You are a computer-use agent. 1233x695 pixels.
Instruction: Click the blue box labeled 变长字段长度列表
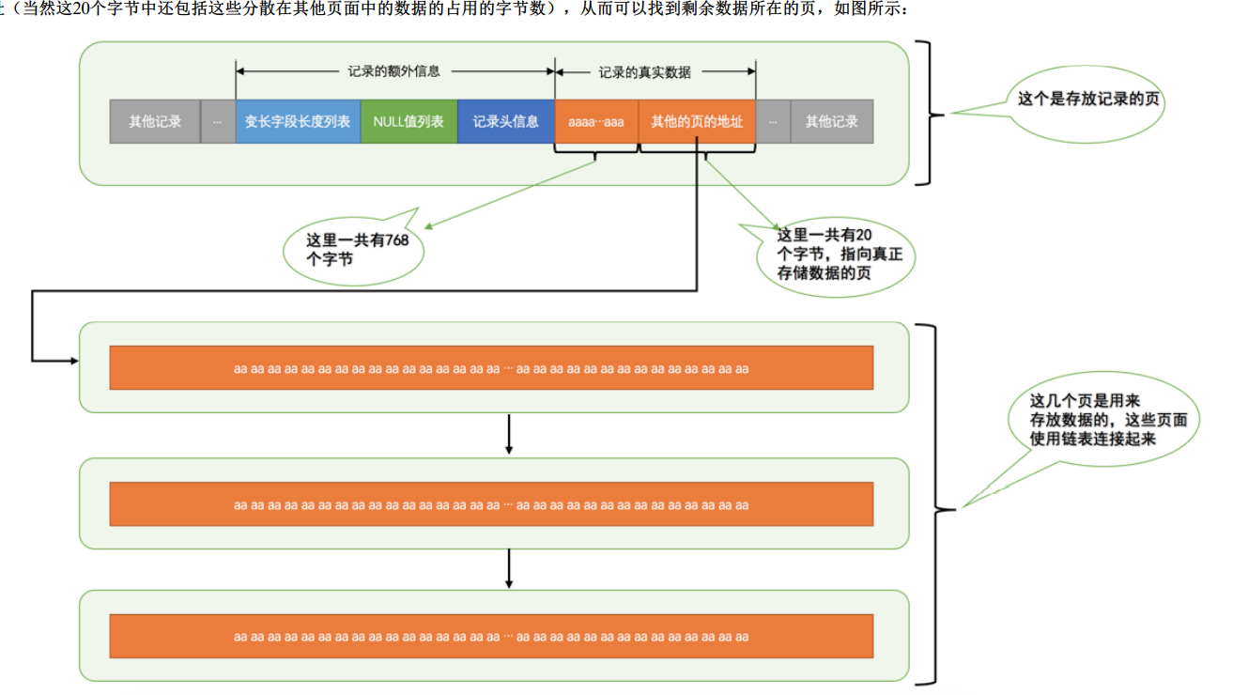(298, 122)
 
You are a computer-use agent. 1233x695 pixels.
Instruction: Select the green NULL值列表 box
(408, 122)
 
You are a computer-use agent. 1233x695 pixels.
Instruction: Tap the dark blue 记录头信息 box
(506, 122)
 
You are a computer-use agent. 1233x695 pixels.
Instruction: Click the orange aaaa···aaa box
(596, 122)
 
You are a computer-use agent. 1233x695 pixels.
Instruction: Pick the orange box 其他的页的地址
(697, 122)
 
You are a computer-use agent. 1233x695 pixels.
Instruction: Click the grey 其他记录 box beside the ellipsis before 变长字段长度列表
(155, 122)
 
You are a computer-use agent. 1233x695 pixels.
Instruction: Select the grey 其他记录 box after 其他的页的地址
(831, 122)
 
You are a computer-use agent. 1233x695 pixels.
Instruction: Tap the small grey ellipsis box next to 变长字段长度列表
(218, 122)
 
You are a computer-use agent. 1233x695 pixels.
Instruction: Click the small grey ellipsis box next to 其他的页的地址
(773, 122)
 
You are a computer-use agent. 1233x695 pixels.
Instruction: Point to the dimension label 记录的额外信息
(393, 71)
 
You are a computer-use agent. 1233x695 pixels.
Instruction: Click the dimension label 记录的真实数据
(644, 71)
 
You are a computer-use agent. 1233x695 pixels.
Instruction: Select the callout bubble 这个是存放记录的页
(1087, 100)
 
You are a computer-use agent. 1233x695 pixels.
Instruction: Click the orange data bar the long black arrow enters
(491, 368)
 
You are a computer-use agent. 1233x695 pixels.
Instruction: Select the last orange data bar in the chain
(491, 637)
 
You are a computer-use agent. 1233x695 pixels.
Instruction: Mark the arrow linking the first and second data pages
(508, 434)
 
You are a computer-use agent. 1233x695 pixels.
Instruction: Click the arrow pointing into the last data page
(508, 569)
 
